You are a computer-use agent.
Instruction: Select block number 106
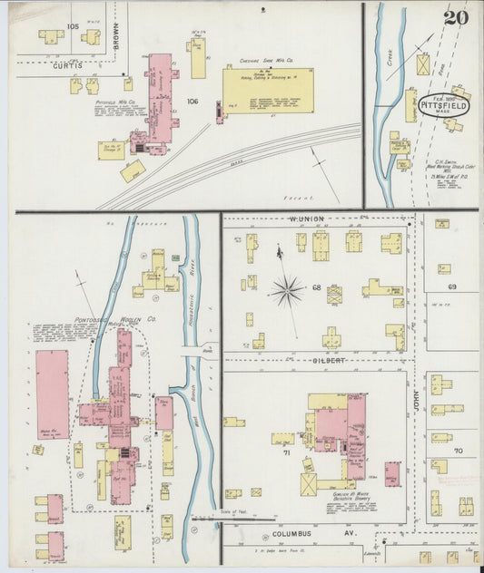tap(192, 102)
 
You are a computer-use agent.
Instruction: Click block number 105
tap(72, 26)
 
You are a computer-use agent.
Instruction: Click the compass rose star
tap(287, 291)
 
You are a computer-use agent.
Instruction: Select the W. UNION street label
tap(306, 219)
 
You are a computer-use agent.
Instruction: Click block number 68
tap(317, 287)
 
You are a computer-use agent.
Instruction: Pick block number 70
tap(459, 451)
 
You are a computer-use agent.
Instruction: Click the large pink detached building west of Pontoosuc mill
tap(53, 395)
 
